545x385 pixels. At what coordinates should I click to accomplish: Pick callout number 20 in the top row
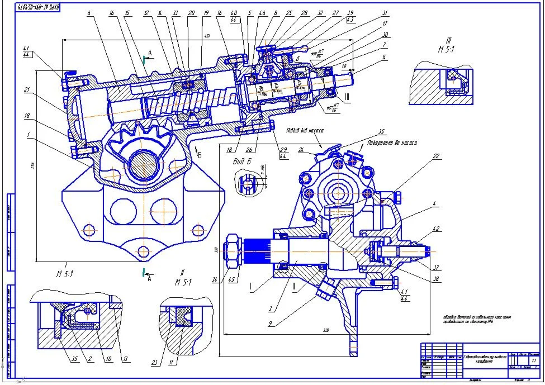(x=191, y=12)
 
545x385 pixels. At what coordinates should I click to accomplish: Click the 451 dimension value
(x=206, y=37)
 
